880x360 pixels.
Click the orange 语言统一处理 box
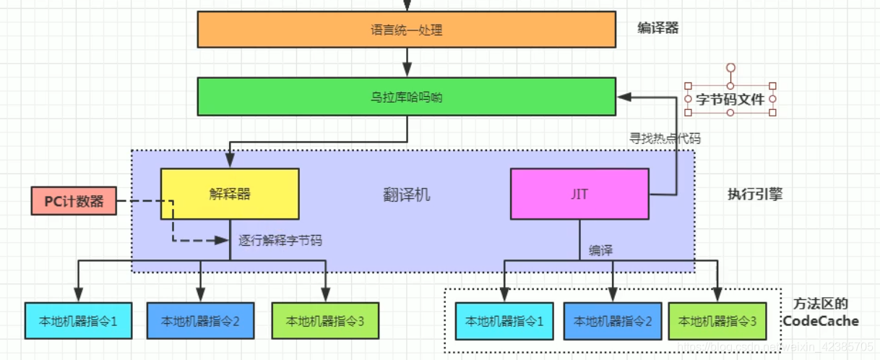pyautogui.click(x=406, y=30)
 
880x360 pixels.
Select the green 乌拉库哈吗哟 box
pyautogui.click(x=406, y=97)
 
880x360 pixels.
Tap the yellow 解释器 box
pyautogui.click(x=230, y=194)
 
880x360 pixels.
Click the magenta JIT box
pyautogui.click(x=580, y=194)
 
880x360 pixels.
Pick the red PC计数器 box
pyautogui.click(x=74, y=201)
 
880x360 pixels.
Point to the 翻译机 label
pyautogui.click(x=406, y=194)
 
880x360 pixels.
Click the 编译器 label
pyautogui.click(x=657, y=28)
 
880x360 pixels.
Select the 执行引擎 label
pyautogui.click(x=754, y=194)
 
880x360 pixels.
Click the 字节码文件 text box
pyautogui.click(x=730, y=99)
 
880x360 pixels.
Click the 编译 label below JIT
pyautogui.click(x=600, y=250)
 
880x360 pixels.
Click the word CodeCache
pyautogui.click(x=821, y=321)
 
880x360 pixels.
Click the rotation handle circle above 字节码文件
pyautogui.click(x=730, y=68)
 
